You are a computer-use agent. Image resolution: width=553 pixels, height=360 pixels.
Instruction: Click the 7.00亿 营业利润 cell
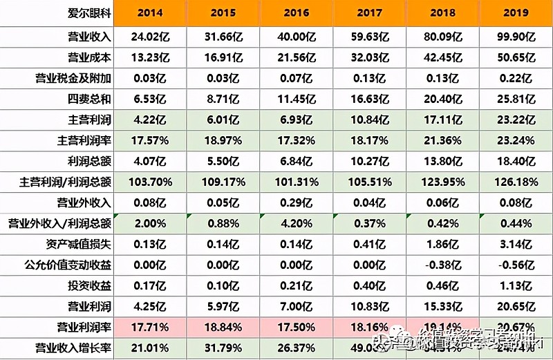295,305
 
